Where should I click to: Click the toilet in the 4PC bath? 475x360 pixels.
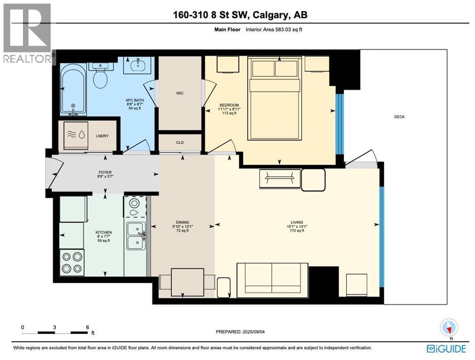(100, 77)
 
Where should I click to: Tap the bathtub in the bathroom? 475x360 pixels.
(73, 90)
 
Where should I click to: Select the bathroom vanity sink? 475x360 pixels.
(138, 66)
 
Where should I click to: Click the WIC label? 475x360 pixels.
(180, 93)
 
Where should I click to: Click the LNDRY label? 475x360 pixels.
(102, 136)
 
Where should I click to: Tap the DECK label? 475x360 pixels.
(399, 117)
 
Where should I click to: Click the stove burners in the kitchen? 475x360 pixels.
(72, 262)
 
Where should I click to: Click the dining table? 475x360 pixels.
(187, 282)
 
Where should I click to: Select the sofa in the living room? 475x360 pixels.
(272, 278)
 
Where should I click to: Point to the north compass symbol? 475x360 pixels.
(449, 327)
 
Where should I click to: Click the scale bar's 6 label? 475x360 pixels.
(87, 327)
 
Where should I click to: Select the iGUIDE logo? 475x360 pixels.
(446, 349)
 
